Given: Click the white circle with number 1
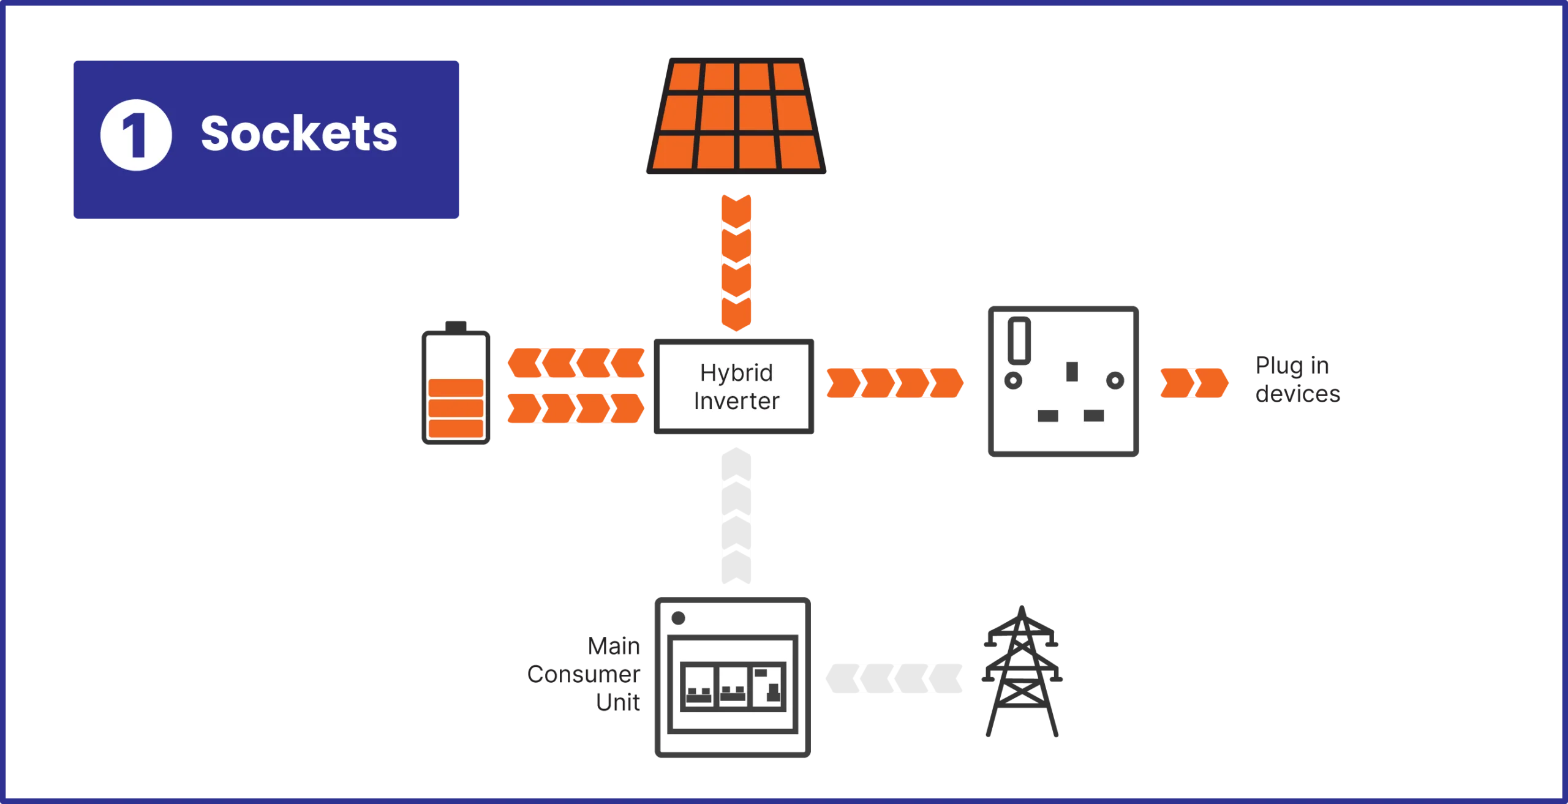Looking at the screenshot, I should [x=136, y=135].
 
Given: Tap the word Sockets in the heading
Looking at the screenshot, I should [x=299, y=133].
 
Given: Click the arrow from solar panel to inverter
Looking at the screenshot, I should [x=737, y=262].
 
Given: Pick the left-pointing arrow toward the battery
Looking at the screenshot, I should [x=576, y=364].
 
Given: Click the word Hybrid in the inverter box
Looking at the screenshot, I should [x=736, y=372].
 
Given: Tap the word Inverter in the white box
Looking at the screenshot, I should [x=736, y=401].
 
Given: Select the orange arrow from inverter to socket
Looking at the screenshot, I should [x=894, y=384].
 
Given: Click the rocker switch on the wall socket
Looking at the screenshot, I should [x=1020, y=340].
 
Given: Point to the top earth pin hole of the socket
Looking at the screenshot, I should [x=1072, y=371].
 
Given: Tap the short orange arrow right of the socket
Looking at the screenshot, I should [x=1193, y=384].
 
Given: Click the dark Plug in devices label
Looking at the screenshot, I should [x=1297, y=380].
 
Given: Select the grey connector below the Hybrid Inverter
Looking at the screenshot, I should [x=737, y=517].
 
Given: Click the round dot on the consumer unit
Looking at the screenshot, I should [x=678, y=618].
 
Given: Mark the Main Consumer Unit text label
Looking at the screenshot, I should [x=585, y=674].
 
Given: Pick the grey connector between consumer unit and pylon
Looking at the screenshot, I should [x=894, y=678].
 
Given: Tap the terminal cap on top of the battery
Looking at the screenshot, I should [x=456, y=324].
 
